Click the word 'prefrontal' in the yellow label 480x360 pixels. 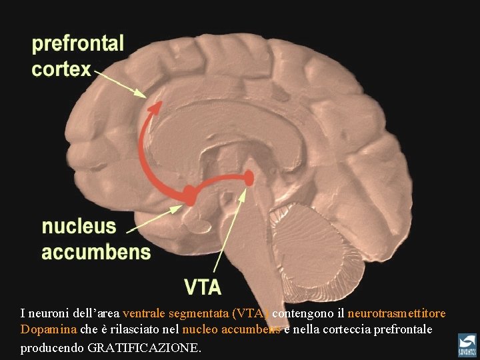coord(78,44)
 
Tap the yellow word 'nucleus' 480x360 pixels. coord(79,227)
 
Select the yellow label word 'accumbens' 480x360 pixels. coord(96,252)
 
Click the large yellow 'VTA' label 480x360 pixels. coord(203,287)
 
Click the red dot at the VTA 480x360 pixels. coord(249,177)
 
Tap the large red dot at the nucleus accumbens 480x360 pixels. coord(189,195)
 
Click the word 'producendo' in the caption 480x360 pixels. coord(51,347)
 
